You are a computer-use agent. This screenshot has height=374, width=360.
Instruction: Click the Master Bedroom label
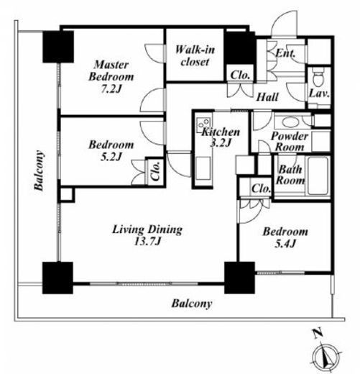pos(111,77)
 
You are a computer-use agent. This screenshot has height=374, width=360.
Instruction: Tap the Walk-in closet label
pos(195,55)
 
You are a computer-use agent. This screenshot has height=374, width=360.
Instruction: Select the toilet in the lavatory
pos(318,76)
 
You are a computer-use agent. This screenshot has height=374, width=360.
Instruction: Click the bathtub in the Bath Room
pos(318,175)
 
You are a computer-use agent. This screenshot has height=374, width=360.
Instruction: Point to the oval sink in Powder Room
pos(290,122)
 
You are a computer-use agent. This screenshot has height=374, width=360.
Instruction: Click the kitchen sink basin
pos(203,168)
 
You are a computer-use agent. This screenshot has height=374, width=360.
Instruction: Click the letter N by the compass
pos(318,334)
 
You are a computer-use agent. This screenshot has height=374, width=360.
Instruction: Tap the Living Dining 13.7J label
pos(147,235)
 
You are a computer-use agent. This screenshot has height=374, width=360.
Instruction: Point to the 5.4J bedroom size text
pos(285,244)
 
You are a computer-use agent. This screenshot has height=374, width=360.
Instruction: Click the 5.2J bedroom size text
pos(111,157)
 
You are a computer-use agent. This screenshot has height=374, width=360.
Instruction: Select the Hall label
pos(267,97)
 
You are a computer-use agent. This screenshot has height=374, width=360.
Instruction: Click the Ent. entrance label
pos(285,53)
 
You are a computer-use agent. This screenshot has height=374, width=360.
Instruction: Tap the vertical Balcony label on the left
pos(39,170)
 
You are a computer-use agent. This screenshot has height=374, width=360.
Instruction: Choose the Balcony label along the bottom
pos(192,304)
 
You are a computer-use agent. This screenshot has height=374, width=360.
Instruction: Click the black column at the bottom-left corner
pos(57,278)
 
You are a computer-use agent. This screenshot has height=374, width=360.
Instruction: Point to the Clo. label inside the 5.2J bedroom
pos(155,171)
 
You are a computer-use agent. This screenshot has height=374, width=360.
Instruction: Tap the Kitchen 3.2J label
pos(221,137)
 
